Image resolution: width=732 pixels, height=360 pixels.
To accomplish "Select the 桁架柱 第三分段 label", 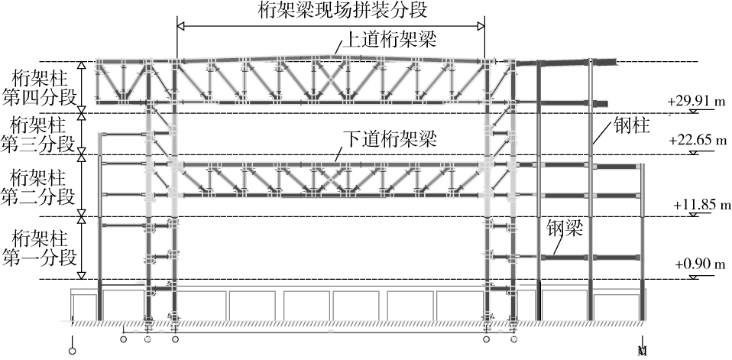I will coord(41,133).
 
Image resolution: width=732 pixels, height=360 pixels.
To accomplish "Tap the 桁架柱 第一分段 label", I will coord(41,246).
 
